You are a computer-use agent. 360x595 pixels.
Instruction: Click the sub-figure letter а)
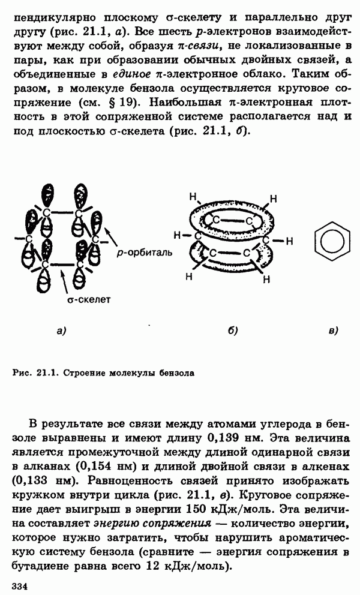[x=60, y=330]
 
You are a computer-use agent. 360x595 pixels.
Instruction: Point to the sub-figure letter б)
[x=233, y=330]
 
